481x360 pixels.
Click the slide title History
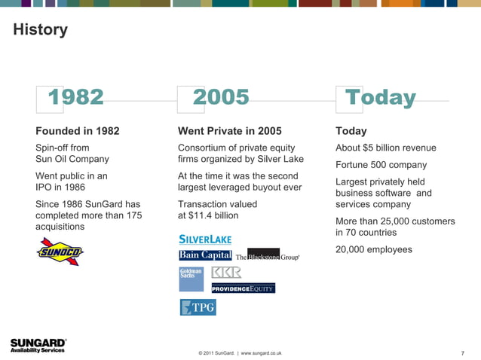tap(40, 30)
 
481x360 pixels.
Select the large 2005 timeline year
tap(221, 97)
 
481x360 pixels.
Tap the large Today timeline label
tap(380, 98)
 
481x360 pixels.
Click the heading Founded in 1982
tap(78, 131)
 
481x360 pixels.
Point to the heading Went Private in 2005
tap(229, 131)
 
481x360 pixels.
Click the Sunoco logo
tap(60, 251)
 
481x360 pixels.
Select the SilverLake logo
tap(205, 239)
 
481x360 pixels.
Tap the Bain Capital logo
tap(205, 255)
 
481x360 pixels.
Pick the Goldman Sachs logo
tap(191, 279)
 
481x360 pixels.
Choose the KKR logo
tap(226, 272)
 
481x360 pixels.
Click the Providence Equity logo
tap(243, 288)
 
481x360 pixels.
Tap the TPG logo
tap(198, 307)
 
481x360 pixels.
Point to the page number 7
tap(461, 352)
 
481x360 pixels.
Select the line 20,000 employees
tap(374, 249)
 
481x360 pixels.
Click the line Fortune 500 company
tap(381, 165)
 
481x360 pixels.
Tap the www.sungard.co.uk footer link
tap(261, 352)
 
